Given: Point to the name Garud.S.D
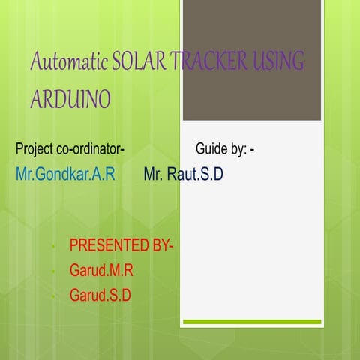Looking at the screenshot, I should coord(100,295).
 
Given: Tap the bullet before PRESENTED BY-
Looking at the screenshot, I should coord(54,247).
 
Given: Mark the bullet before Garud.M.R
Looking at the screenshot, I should coord(54,271).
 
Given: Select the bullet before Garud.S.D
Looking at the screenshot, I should coord(54,296).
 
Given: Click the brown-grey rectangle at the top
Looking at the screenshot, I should coord(252,60).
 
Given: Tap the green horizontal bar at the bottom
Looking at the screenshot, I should coord(252,322).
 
